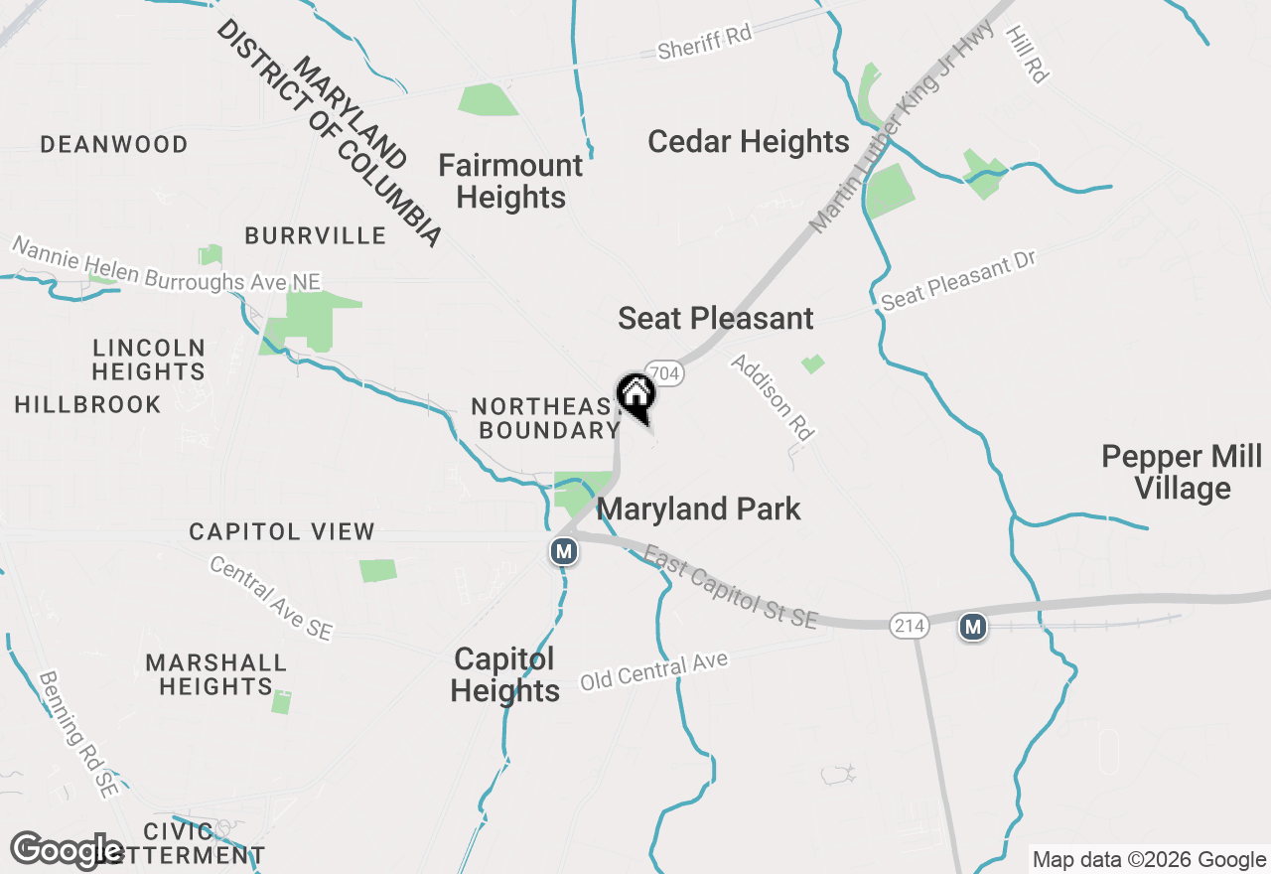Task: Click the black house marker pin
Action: [x=635, y=395]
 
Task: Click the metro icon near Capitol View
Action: [x=564, y=550]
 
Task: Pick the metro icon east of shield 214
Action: [x=973, y=627]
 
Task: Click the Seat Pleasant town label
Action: [x=715, y=319]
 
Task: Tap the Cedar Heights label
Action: [x=748, y=142]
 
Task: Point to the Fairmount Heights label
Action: [x=510, y=181]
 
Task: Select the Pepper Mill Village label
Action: [x=1181, y=473]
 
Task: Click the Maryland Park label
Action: [x=698, y=510]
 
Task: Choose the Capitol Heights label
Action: [x=504, y=675]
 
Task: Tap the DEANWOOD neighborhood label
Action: [x=114, y=145]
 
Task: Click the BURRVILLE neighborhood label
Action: [x=315, y=235]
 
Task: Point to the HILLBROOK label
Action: [x=87, y=405]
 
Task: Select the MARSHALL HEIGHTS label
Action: [x=215, y=674]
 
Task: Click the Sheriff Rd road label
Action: [x=705, y=41]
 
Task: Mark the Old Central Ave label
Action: [x=653, y=672]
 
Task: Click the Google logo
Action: [x=67, y=851]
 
